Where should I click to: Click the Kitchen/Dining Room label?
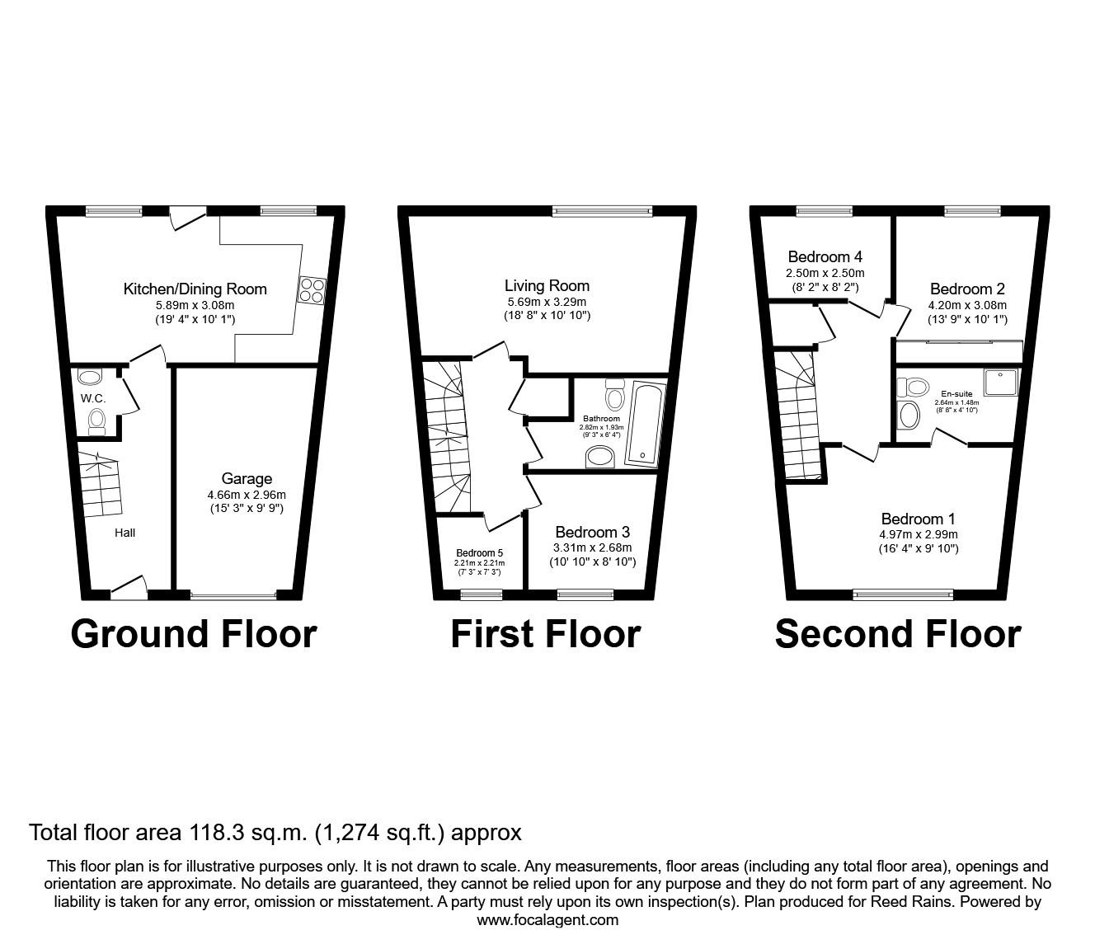[x=195, y=289]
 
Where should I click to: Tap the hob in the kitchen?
[x=313, y=289]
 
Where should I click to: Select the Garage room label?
[x=247, y=479]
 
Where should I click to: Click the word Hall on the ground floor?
[x=125, y=533]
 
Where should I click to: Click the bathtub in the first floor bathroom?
[x=646, y=422]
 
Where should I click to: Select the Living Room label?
[x=547, y=286]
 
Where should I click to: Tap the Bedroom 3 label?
[x=593, y=533]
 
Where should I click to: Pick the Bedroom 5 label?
[x=479, y=553]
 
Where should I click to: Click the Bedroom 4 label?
[x=824, y=257]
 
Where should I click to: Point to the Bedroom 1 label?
[x=918, y=519]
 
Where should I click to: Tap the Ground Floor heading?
[x=194, y=634]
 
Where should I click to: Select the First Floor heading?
[x=546, y=634]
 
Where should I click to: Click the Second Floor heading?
[x=898, y=634]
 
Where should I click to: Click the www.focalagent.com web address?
[x=547, y=920]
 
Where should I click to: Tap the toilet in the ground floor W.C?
[x=97, y=421]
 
